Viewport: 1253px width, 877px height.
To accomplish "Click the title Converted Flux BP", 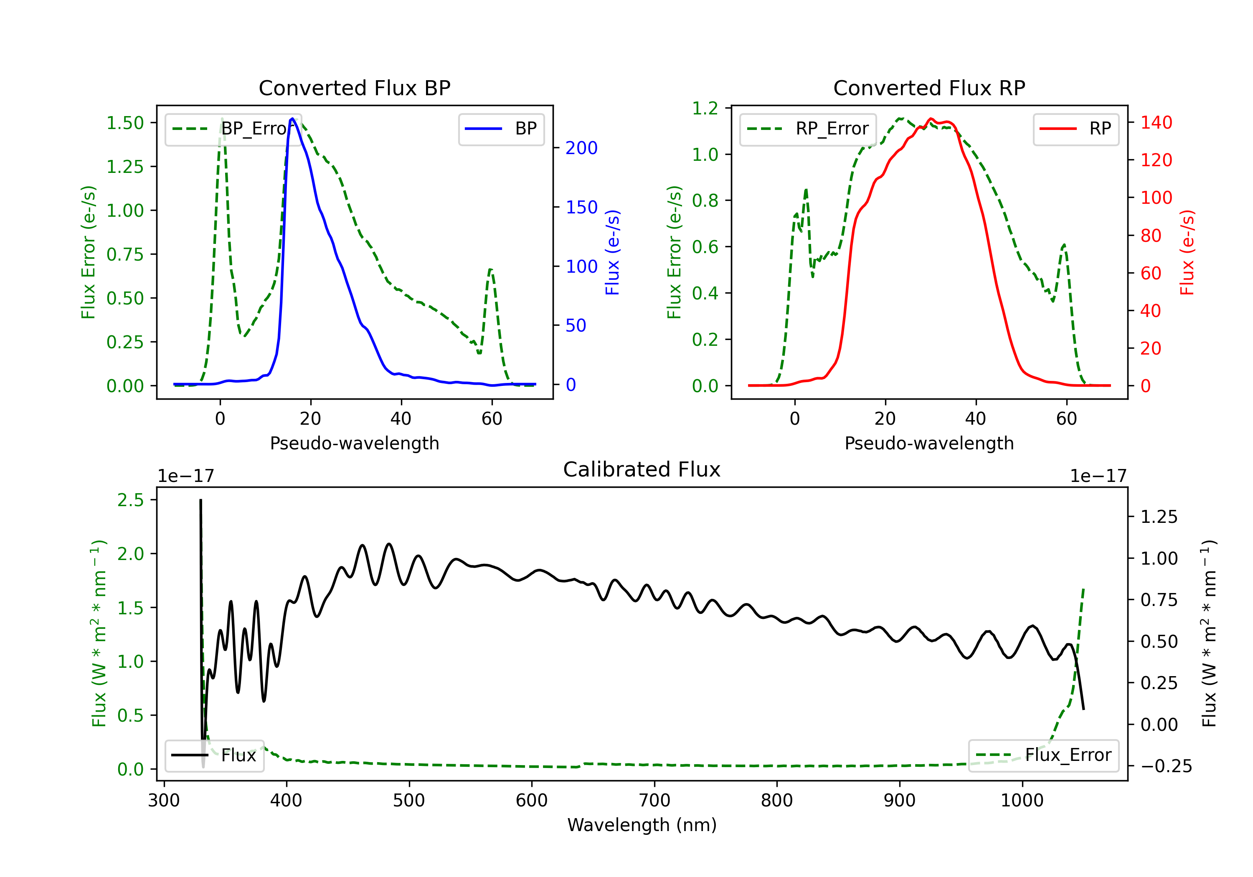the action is coord(354,88).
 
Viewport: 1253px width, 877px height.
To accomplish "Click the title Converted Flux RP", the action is coord(929,88).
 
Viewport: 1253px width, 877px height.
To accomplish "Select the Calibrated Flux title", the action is coord(642,469).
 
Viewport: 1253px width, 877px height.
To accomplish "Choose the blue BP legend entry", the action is coord(501,129).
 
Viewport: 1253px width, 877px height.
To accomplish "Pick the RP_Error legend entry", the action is coord(808,129).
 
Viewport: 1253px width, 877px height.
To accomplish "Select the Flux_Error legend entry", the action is coord(1043,755).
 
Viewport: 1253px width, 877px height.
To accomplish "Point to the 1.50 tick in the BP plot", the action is coord(125,123).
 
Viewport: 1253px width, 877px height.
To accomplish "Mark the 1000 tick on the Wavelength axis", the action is coord(1022,801).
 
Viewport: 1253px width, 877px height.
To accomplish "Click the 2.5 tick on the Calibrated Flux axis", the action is coord(130,500).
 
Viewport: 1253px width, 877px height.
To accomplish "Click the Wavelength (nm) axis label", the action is coord(642,825).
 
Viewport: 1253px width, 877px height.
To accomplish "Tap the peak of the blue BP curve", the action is coord(292,119).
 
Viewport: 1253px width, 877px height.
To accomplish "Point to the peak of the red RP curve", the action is coord(931,119).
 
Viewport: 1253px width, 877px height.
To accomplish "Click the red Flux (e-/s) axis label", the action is coord(1187,253).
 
